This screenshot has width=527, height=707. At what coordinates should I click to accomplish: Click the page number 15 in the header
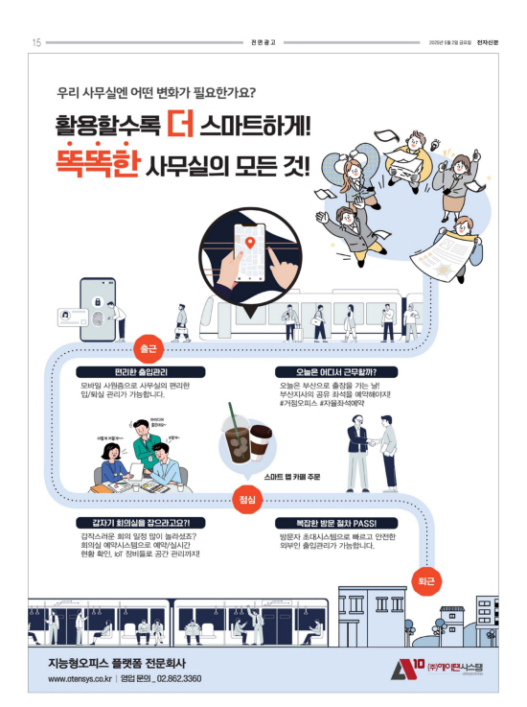(36, 42)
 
